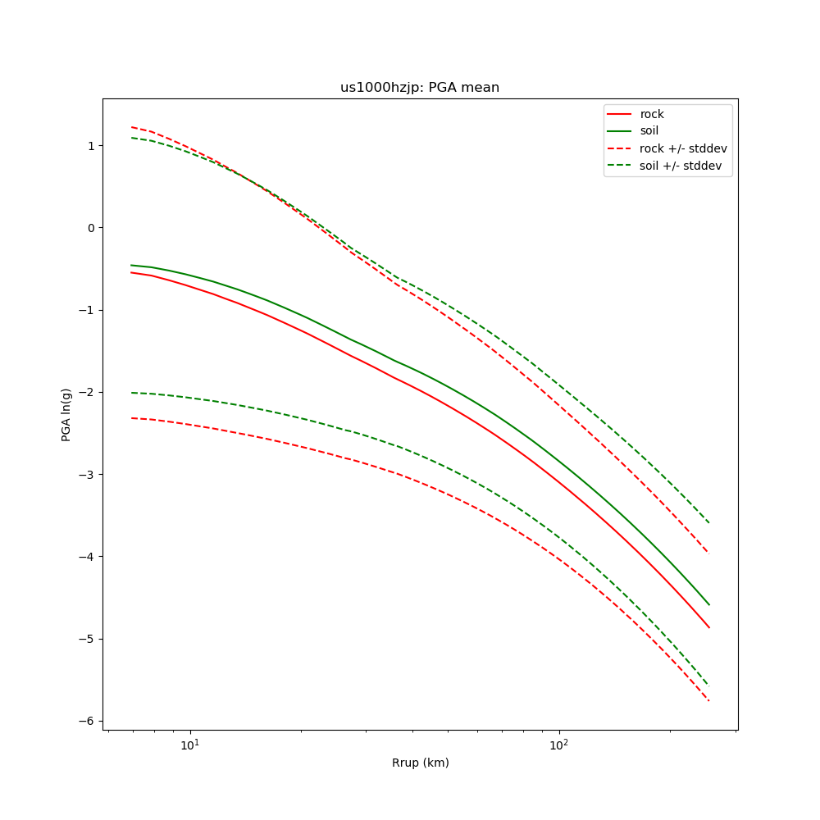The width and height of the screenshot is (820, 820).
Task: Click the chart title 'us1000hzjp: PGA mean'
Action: click(x=420, y=88)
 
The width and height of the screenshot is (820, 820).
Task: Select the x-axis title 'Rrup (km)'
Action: click(x=420, y=763)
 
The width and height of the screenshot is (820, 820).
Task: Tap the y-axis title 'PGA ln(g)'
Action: click(x=66, y=415)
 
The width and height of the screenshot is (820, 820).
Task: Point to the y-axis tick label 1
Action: click(x=89, y=146)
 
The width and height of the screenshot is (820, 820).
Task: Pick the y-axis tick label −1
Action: click(x=86, y=310)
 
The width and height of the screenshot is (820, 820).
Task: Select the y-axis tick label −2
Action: click(x=86, y=392)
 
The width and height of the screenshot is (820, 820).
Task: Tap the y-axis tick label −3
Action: click(x=86, y=475)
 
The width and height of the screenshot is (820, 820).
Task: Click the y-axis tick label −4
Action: click(x=86, y=557)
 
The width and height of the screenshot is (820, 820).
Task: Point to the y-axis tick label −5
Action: click(x=86, y=639)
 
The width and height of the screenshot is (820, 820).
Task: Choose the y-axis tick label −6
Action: click(x=86, y=721)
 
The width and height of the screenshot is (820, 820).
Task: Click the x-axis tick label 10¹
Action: click(x=190, y=745)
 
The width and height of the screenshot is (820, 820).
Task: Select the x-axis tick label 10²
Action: click(x=559, y=745)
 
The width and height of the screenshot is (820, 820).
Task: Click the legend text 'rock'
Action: click(x=652, y=114)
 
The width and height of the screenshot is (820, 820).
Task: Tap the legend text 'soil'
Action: click(x=649, y=131)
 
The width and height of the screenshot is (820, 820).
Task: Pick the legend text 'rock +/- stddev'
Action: click(x=683, y=148)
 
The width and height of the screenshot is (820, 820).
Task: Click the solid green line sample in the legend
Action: click(x=620, y=131)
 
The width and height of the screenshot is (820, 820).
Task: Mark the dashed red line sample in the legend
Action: click(x=620, y=148)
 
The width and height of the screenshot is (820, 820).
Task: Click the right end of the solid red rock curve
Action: click(x=708, y=627)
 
